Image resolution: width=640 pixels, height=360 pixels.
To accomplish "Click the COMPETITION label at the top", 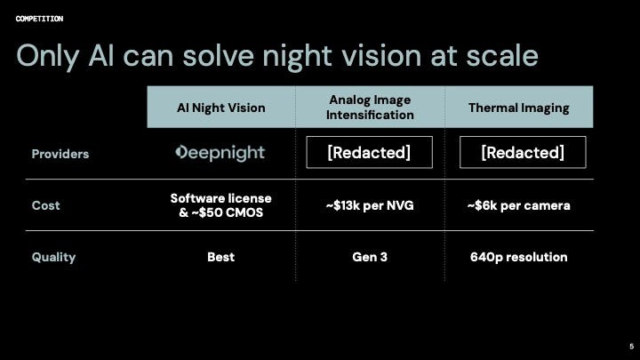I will click(x=39, y=19).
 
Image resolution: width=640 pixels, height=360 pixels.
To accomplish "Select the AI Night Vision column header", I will click(x=220, y=108).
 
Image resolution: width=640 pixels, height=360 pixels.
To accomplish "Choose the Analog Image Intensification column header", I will click(x=370, y=108).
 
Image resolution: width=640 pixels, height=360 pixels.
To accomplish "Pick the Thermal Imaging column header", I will click(x=519, y=108).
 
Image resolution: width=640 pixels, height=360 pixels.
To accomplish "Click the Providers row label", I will click(x=60, y=154).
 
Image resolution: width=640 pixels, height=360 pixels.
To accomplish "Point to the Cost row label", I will click(x=46, y=205).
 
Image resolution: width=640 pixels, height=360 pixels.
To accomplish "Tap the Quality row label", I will click(x=53, y=257).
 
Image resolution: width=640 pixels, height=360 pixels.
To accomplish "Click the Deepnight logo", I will click(x=220, y=153).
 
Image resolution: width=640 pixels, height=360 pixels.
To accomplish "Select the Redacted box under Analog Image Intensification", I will click(x=369, y=152).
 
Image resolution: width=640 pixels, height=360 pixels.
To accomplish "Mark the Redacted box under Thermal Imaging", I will click(x=523, y=152).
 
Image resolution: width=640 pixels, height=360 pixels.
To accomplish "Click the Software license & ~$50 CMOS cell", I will click(x=220, y=205).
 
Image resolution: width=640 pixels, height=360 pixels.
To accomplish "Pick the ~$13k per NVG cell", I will click(x=370, y=205).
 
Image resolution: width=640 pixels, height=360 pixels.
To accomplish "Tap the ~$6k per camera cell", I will click(x=519, y=205).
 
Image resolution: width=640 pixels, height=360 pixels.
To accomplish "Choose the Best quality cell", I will click(x=220, y=257).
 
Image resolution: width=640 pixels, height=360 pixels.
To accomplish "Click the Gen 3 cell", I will click(x=370, y=257).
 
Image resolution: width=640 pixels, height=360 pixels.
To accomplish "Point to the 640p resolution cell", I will click(x=519, y=257).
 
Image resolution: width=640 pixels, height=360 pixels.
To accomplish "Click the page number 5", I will click(x=630, y=347).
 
